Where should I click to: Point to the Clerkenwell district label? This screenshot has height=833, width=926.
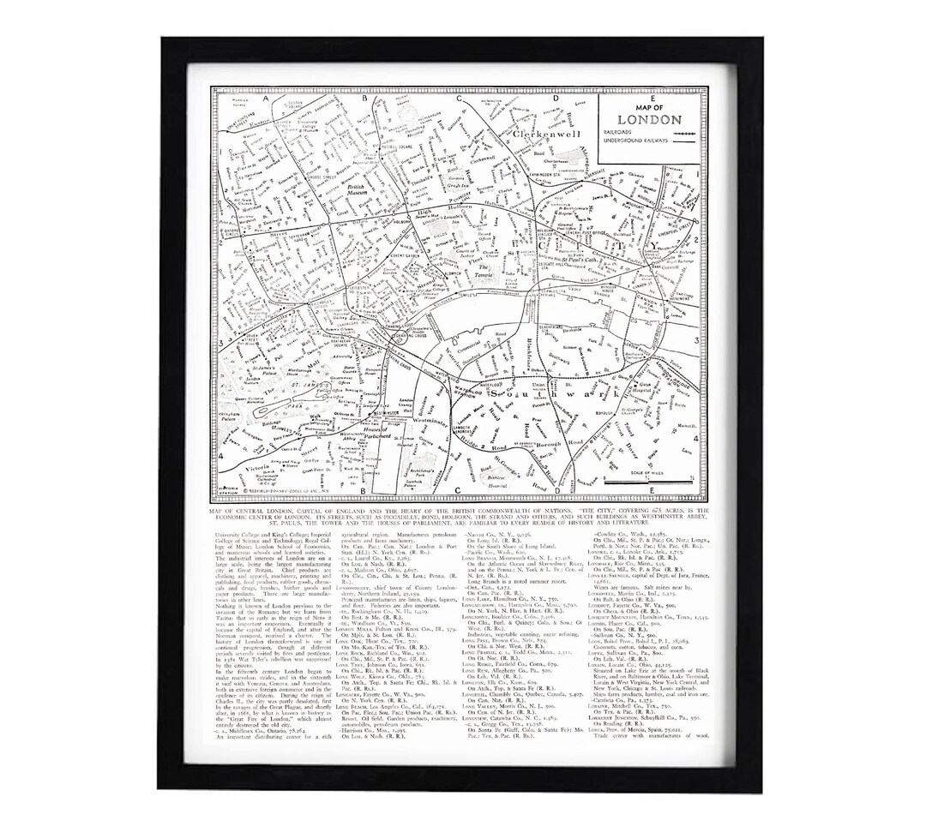(546, 135)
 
